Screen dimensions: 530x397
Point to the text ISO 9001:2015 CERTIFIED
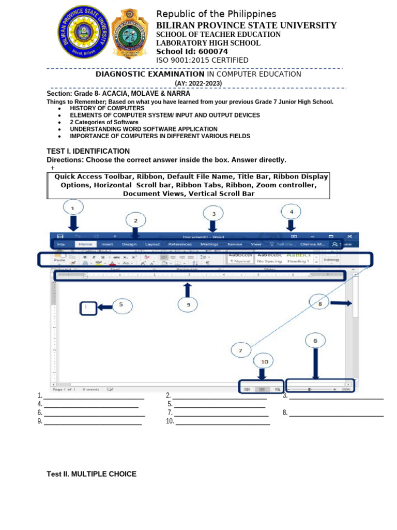coord(202,60)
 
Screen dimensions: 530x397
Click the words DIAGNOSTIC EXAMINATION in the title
coord(150,74)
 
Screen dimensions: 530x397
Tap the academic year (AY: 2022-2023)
coord(198,83)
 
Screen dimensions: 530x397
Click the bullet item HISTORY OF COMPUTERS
coord(107,108)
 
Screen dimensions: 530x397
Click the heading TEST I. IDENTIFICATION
coord(88,151)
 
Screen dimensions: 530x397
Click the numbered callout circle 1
coord(73,209)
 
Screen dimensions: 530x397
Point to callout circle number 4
coord(291,212)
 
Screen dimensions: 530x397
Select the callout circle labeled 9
coord(188,305)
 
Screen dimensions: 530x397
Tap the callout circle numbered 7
coord(240,350)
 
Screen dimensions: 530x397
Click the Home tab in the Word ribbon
coord(85,244)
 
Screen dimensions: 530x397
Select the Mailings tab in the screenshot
coord(209,244)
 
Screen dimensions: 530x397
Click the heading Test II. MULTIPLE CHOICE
coord(91,474)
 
